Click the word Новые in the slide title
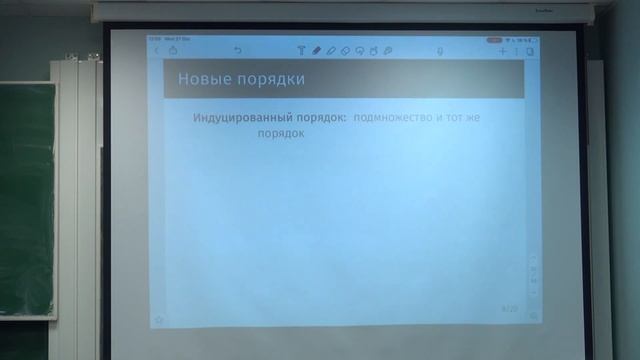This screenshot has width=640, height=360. (x=199, y=78)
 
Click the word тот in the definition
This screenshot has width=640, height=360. (x=458, y=118)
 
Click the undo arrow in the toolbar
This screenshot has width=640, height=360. (x=237, y=50)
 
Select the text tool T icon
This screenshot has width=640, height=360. (x=301, y=50)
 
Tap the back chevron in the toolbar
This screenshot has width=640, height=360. (x=156, y=50)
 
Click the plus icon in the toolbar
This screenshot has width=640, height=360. (x=503, y=50)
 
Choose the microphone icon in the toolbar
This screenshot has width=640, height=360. (x=440, y=50)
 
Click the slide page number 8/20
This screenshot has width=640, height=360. (x=509, y=310)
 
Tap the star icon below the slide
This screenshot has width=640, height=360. (x=158, y=320)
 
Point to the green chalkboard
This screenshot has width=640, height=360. (x=25, y=200)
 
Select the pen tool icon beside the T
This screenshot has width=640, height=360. (x=316, y=50)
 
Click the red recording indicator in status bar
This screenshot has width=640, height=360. (x=494, y=40)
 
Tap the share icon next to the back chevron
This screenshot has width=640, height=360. (x=173, y=50)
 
